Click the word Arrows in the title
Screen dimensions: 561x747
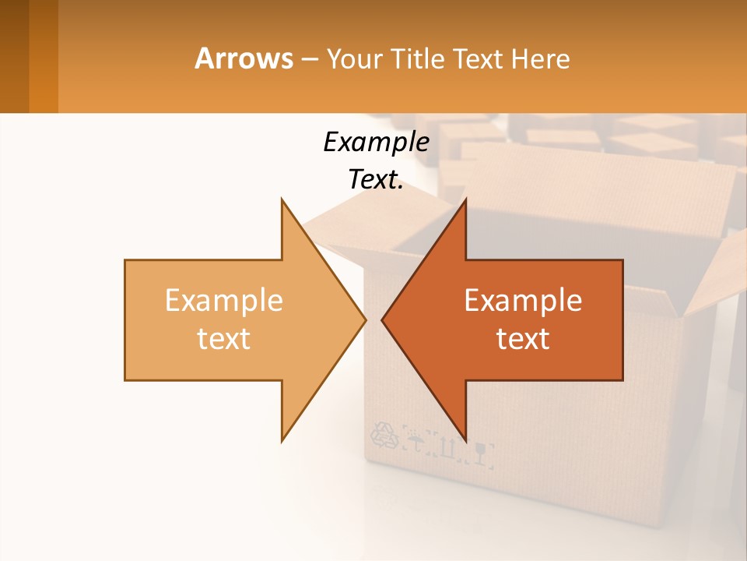coord(243,58)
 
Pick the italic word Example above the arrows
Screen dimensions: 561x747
coord(376,142)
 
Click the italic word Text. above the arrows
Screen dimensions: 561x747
coord(376,179)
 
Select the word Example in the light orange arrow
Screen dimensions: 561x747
coord(224,300)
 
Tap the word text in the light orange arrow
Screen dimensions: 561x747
coord(224,339)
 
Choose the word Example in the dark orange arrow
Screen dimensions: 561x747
coord(523,300)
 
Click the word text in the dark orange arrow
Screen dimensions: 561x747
coord(523,339)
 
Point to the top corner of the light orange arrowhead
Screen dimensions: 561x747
coord(282,199)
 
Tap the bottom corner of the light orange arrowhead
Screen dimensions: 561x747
coord(282,441)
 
